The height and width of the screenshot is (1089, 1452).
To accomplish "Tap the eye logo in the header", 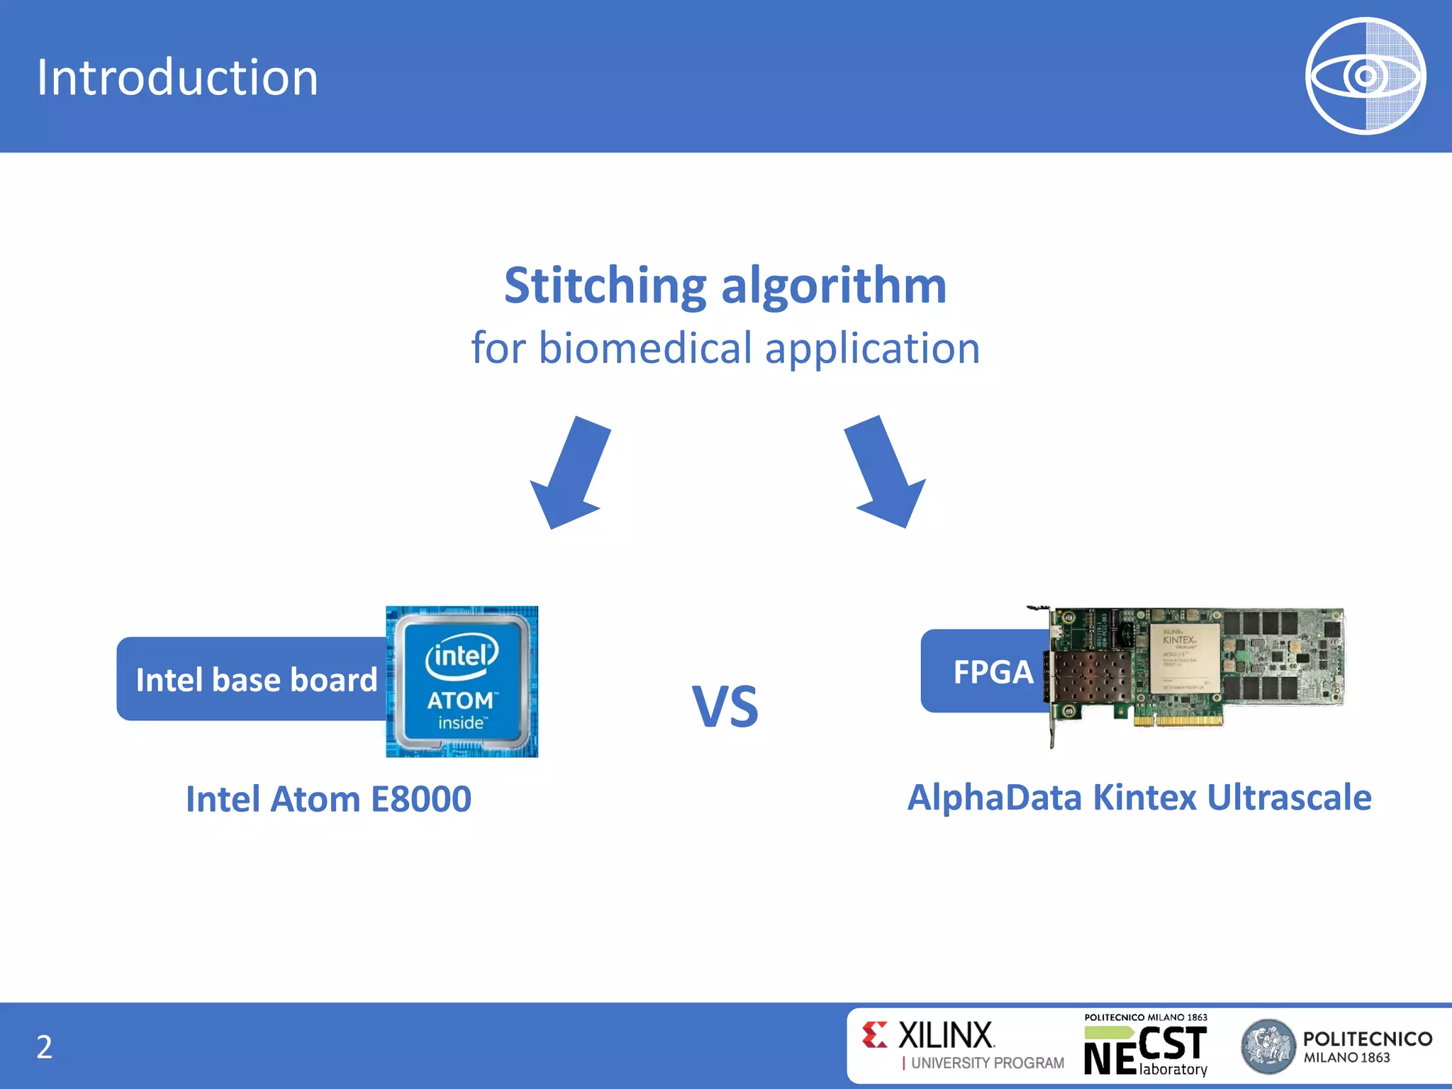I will pos(1365,76).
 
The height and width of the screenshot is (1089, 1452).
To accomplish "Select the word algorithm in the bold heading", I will pos(834,285).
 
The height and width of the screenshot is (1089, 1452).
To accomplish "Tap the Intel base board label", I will pos(255,679).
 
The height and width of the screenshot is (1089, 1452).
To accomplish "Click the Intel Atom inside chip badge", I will pos(462,681).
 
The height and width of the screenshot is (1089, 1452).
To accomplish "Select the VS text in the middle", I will pos(725,707).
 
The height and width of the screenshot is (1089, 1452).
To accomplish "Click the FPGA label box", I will pos(992,671).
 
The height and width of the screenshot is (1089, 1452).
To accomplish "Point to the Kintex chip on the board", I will pos(1183,659).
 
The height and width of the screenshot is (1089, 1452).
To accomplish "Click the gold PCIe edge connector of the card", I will pos(1178,721).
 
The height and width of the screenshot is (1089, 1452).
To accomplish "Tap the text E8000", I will pos(421,799).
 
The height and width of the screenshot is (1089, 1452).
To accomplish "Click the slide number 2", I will pos(44,1047).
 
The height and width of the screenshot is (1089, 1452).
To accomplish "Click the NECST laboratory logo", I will pos(1146,1045).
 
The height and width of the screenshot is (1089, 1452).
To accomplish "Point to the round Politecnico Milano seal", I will pos(1268,1046).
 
